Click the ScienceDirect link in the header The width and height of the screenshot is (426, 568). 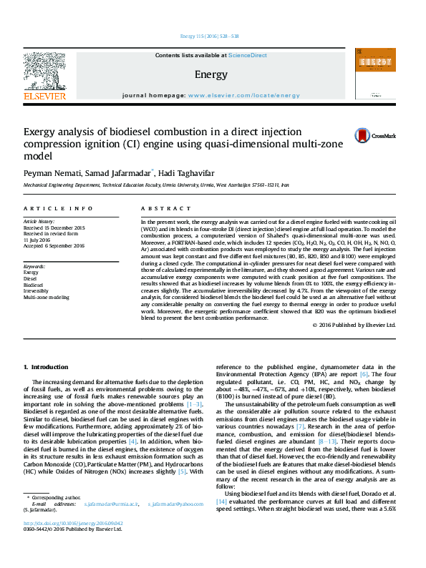point(247,55)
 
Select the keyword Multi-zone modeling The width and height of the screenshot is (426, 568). point(47,297)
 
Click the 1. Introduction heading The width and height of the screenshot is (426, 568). point(46,368)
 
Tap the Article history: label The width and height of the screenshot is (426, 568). point(41,222)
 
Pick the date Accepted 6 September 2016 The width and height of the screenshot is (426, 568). point(54,245)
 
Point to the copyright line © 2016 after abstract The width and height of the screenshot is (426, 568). point(354,325)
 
